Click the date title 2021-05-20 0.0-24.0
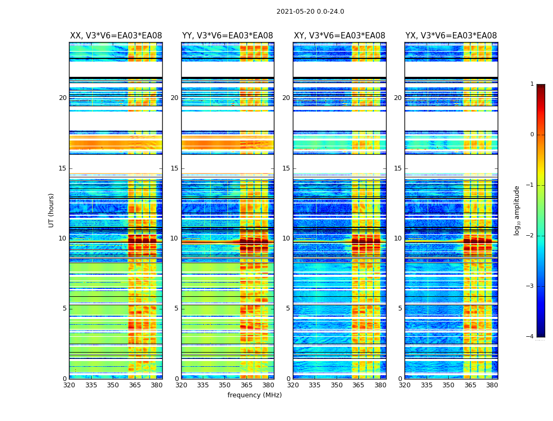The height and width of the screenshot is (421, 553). [310, 12]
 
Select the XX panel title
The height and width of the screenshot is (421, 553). [116, 36]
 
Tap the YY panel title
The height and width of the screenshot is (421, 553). [228, 36]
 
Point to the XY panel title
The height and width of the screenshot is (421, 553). [339, 36]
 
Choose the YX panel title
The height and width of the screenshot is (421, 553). [451, 36]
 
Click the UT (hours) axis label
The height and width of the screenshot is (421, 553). [52, 210]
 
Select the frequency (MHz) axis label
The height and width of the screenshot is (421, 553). [254, 395]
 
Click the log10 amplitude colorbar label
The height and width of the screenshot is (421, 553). [517, 210]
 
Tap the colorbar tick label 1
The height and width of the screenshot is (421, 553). [532, 84]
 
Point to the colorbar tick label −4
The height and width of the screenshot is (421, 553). [530, 337]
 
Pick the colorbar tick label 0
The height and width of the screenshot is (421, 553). [532, 135]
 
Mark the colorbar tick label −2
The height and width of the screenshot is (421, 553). [530, 236]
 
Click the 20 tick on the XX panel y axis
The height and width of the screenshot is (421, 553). [63, 98]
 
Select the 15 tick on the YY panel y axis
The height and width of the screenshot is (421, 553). [174, 168]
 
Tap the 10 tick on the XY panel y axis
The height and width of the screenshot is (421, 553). [286, 238]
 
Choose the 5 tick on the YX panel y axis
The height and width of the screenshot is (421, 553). [400, 308]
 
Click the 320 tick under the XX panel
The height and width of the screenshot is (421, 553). [69, 385]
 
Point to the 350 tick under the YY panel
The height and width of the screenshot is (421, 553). [225, 385]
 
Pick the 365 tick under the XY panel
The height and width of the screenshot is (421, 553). [358, 385]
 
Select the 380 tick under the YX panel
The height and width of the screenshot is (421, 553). [492, 385]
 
